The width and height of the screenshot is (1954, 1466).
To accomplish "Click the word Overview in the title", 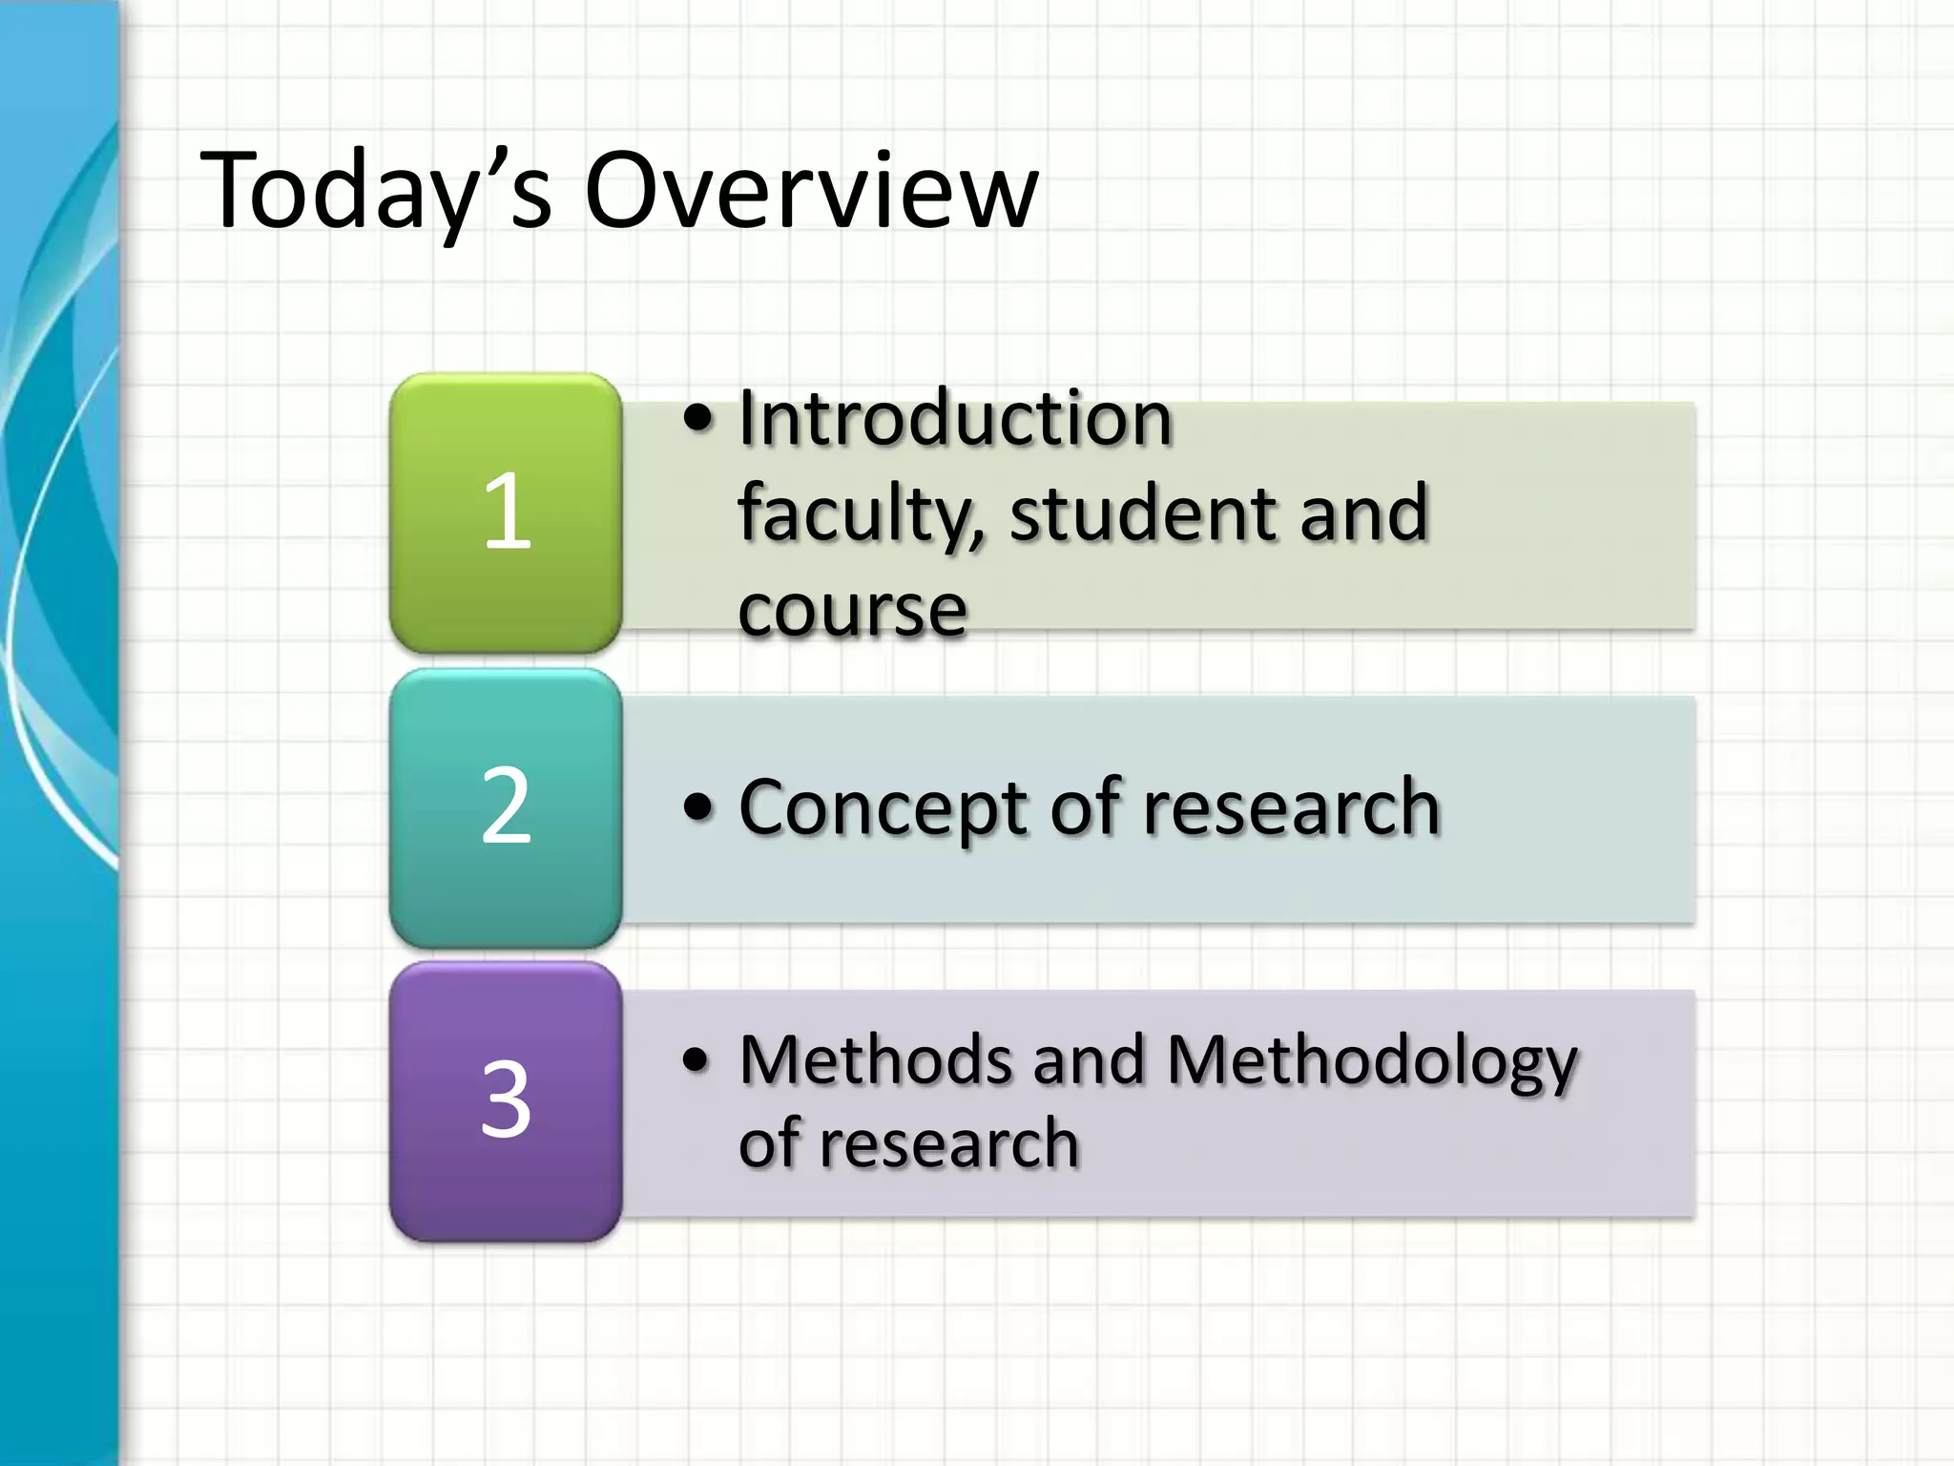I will (811, 191).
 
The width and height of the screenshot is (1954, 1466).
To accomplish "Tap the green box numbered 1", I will (506, 513).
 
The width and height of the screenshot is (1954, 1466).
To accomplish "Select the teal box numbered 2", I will (506, 807).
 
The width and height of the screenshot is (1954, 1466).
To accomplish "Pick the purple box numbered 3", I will (506, 1101).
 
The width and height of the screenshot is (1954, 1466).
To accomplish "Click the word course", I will (853, 611).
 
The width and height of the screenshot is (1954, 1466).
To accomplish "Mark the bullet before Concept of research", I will (698, 808).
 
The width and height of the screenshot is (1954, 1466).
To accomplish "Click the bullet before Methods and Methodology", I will (698, 1060).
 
